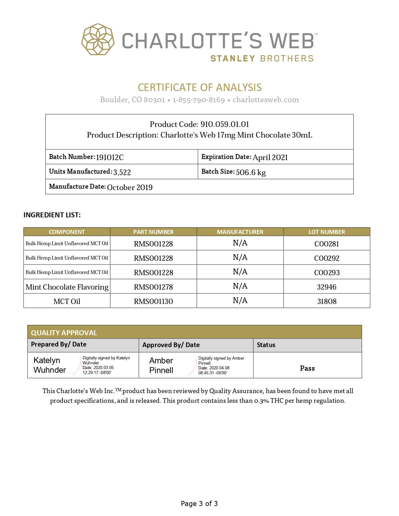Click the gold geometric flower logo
pos(98,39)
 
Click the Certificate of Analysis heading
pos(200,87)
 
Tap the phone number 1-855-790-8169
pos(199,100)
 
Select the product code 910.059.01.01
pos(225,124)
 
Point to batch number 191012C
pos(110,157)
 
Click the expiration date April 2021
pos(270,157)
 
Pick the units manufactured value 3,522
pos(122,172)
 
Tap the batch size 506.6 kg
pos(251,172)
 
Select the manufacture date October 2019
pos(130,187)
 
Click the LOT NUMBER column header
pos(327,232)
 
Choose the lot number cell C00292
pos(327,258)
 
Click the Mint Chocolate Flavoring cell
pos(67,287)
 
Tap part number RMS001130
pos(153,301)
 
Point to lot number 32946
pos(327,287)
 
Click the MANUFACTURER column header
pos(240,232)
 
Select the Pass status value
pos(307,368)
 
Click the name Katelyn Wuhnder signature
pos(50,365)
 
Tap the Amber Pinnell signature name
pos(161,365)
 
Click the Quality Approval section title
pos(64,332)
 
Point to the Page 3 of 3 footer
pos(199,503)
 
